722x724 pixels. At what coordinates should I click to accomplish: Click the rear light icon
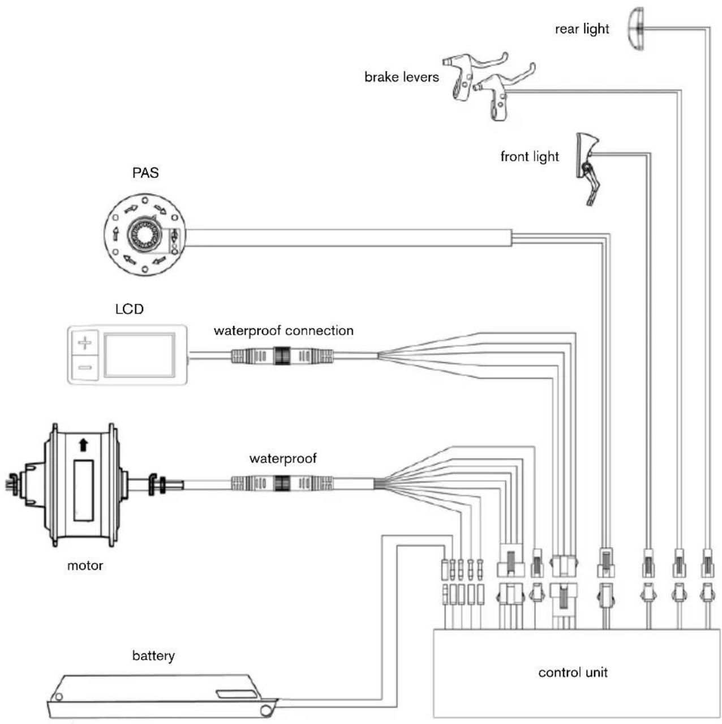636,29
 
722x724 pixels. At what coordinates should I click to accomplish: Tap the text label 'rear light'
582,29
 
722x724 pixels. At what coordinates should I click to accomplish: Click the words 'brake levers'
401,77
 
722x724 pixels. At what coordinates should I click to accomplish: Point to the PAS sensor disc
145,234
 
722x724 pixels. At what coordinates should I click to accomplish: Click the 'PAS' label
145,173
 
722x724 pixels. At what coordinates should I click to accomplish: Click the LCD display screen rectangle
139,355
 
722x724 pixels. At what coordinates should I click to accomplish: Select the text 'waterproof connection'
283,331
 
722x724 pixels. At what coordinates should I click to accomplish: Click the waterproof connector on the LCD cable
282,356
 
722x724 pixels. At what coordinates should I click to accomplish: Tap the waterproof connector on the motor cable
282,483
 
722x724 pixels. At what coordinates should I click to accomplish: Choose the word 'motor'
85,566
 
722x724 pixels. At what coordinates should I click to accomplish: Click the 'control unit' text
573,672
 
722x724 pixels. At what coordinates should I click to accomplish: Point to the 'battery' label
153,656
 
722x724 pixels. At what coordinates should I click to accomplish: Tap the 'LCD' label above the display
129,309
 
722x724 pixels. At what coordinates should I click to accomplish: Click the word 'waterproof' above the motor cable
283,459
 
